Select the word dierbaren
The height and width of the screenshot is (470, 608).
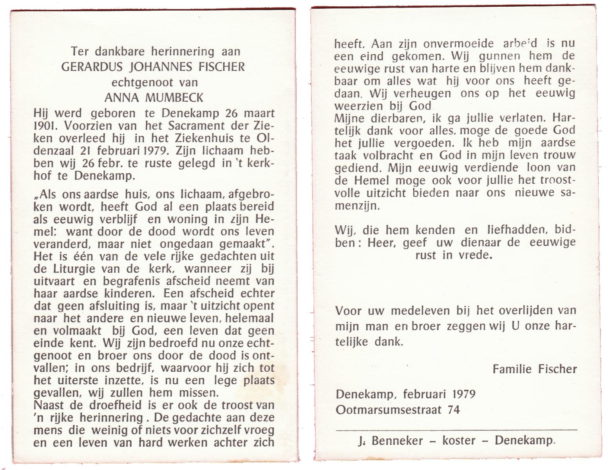394,118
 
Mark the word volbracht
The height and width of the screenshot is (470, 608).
383,155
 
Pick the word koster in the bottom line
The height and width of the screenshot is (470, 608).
459,441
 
